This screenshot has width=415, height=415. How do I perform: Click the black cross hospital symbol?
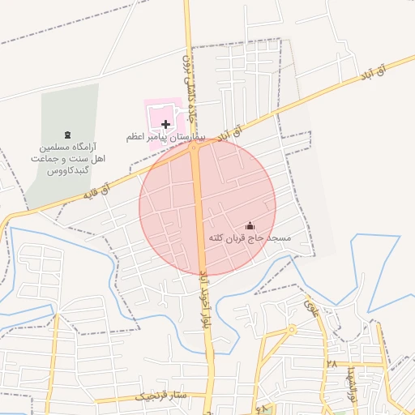(x=165, y=124)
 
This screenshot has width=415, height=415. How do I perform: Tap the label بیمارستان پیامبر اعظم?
(x=166, y=138)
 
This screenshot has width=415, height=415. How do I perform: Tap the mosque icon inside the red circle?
(x=249, y=225)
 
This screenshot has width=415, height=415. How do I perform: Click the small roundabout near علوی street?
(x=291, y=330)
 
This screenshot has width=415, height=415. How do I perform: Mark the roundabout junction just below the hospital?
(x=195, y=147)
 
